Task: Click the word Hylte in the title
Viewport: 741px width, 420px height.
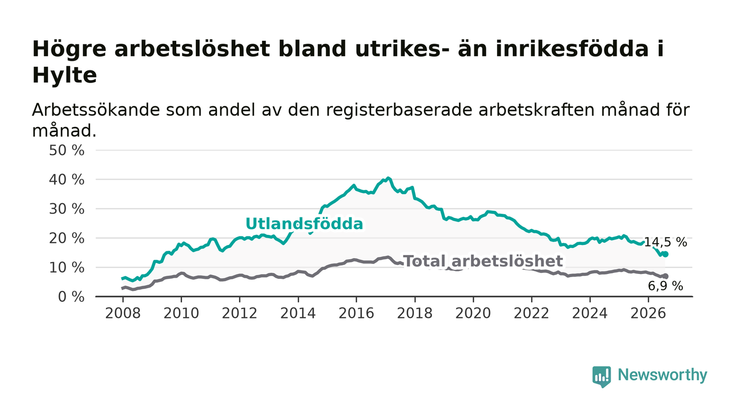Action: point(65,76)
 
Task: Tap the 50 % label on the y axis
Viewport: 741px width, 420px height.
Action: point(67,150)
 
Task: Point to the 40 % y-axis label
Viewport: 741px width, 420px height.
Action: point(67,180)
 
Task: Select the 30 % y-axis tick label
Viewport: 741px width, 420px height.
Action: point(67,209)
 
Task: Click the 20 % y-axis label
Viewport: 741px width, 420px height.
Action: point(67,239)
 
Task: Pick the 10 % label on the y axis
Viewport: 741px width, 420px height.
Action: point(67,268)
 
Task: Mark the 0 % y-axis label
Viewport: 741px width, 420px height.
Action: point(71,297)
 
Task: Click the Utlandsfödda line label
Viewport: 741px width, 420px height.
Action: point(304,224)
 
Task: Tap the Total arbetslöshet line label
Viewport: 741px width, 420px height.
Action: point(483,261)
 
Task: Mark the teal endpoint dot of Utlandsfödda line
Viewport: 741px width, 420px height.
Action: point(666,254)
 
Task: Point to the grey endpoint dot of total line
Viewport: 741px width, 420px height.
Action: point(666,276)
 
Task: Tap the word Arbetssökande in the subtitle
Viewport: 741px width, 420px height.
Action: point(96,110)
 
